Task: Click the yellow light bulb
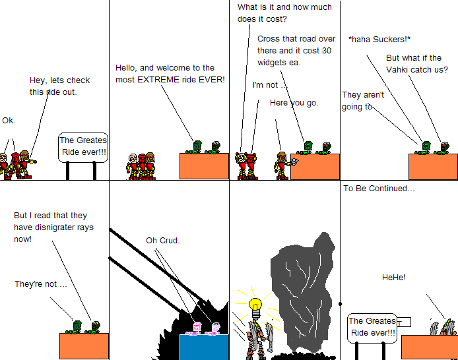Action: [x=255, y=306]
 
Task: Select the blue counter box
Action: [x=204, y=347]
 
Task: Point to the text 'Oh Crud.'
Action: [x=163, y=240]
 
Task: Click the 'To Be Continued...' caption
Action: [x=379, y=189]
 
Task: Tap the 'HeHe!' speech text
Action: [x=393, y=278]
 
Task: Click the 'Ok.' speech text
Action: [x=9, y=121]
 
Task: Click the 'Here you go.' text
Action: [x=294, y=103]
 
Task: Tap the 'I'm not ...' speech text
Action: [x=270, y=85]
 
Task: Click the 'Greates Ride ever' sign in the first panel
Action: [x=82, y=146]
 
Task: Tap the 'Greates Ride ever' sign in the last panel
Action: [x=372, y=327]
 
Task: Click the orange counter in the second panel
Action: [x=204, y=166]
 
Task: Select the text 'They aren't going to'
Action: [x=363, y=100]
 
